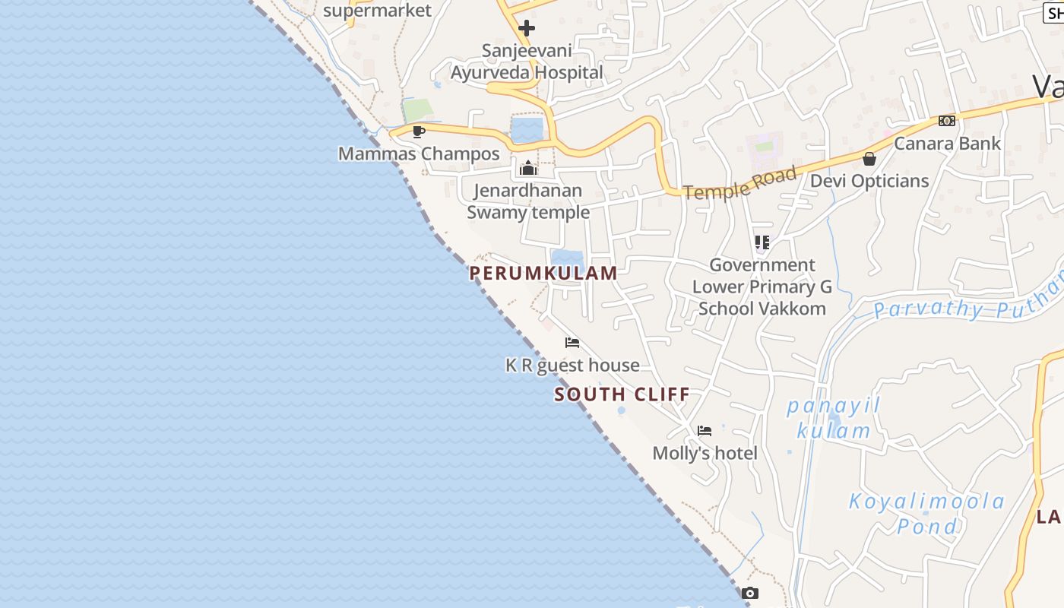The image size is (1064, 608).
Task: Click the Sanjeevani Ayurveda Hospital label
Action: (527, 62)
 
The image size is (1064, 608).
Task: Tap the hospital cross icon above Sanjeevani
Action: (527, 29)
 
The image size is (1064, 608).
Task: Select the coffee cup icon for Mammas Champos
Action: (418, 131)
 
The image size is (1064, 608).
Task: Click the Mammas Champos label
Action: (419, 154)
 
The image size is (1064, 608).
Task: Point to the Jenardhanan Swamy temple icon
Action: (528, 168)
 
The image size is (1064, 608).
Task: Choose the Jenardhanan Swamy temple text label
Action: (528, 201)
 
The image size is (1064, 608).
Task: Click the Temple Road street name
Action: (740, 183)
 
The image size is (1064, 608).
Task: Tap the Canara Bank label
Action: (947, 143)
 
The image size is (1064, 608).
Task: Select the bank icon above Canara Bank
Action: (947, 121)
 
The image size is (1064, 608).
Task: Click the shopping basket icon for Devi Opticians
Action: (869, 159)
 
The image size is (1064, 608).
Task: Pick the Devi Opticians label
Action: (869, 181)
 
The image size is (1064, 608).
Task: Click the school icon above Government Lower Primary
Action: (762, 242)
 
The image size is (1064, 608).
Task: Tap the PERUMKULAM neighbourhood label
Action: (543, 274)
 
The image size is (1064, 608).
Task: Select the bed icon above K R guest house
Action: (572, 343)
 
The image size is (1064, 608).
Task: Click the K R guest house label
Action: (572, 366)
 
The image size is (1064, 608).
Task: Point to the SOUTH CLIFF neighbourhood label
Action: (622, 394)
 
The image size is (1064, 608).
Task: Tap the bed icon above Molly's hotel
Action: (705, 431)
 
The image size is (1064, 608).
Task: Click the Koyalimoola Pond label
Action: (927, 514)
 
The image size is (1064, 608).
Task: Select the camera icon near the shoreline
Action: (750, 594)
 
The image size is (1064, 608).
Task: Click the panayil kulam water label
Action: (834, 418)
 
